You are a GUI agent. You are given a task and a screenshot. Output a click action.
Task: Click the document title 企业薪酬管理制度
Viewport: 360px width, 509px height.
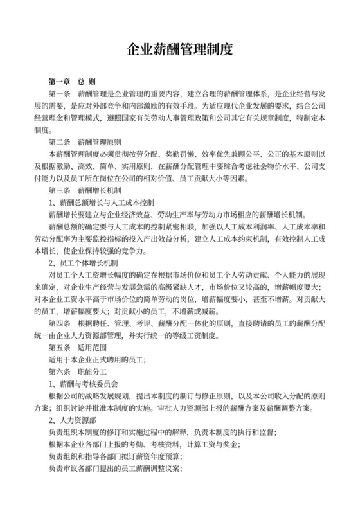click(x=179, y=49)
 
